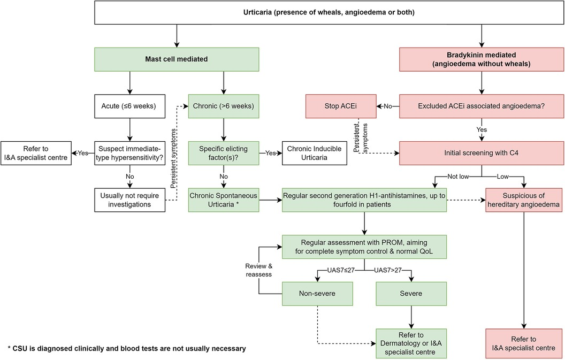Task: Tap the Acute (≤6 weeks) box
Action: (128, 106)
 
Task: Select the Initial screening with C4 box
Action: (482, 152)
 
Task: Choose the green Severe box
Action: (411, 293)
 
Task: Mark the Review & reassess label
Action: (259, 270)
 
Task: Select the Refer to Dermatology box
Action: (411, 343)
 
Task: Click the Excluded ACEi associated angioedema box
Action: (482, 106)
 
